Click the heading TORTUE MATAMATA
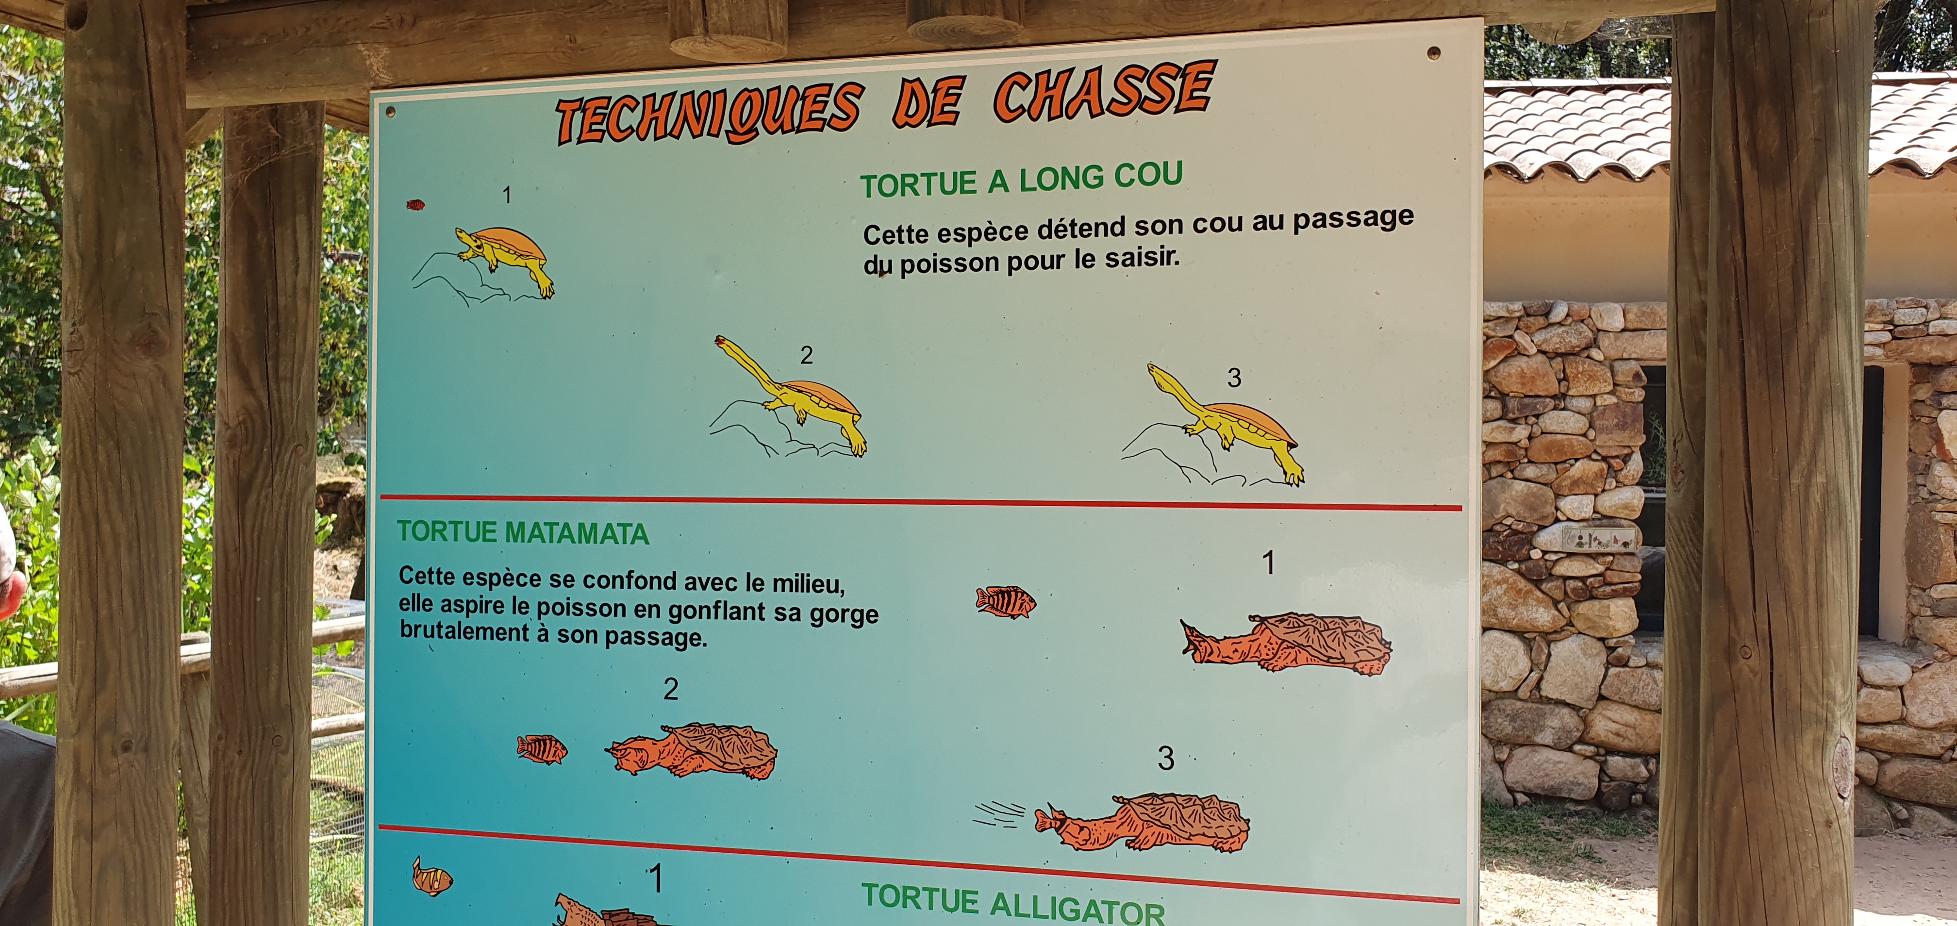(523, 532)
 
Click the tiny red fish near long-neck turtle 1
(415, 204)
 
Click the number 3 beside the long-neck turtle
(1234, 378)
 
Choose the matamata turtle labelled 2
(691, 751)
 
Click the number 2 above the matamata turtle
(670, 689)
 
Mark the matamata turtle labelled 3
(1142, 823)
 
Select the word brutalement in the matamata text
(464, 632)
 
